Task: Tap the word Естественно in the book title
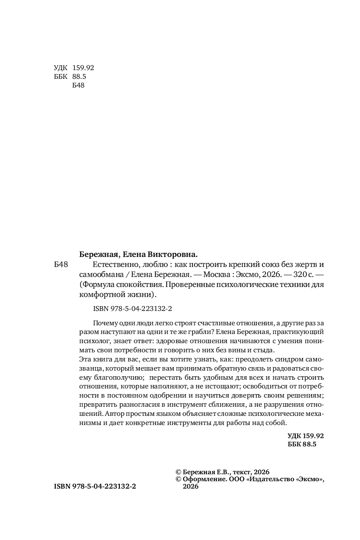(x=114, y=265)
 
